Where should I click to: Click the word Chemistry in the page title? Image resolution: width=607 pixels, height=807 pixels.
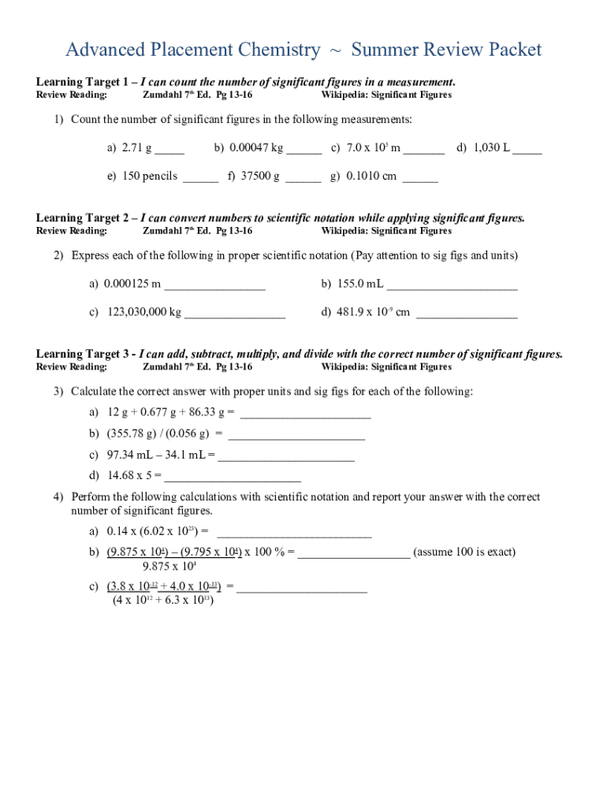point(269,50)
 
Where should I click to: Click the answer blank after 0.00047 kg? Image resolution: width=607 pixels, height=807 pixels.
point(303,150)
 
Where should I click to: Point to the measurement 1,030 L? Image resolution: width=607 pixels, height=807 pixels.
point(490,147)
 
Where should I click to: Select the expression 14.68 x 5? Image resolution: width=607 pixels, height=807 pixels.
point(134,475)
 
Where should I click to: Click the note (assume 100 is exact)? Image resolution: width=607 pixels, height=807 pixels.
point(464,552)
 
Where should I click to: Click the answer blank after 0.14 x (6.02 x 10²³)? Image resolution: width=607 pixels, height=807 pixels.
point(293,534)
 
